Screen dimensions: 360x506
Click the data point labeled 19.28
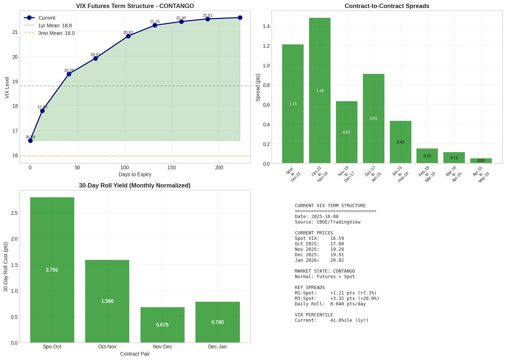tap(69, 74)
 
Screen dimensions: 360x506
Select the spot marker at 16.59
tap(30, 141)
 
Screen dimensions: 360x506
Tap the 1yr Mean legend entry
tap(55, 25)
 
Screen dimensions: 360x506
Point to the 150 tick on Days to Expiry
tap(172, 167)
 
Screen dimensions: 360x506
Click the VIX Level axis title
tap(7, 87)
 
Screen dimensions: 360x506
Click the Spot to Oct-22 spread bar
tap(293, 104)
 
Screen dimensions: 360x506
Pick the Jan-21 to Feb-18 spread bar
tap(400, 142)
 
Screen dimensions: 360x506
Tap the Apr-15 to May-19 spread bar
tap(481, 161)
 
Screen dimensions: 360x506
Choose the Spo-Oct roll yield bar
tap(52, 270)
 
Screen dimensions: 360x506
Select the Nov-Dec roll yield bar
tap(162, 325)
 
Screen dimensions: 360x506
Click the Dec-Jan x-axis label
tap(217, 347)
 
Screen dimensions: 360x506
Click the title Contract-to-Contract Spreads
tap(387, 6)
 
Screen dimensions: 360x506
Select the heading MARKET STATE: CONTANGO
tap(325, 271)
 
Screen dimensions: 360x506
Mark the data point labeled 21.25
tap(155, 25)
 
